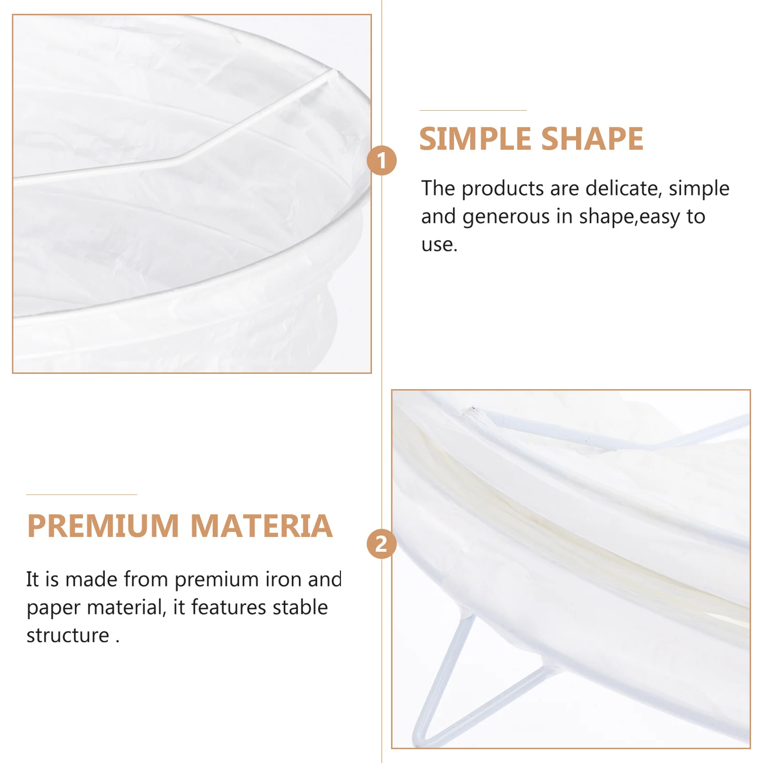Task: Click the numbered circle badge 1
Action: pyautogui.click(x=381, y=160)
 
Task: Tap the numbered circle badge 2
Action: pyautogui.click(x=381, y=544)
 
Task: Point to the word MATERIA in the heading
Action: pyautogui.click(x=261, y=526)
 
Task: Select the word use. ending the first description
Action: pyautogui.click(x=439, y=245)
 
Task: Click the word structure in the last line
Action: pyautogui.click(x=68, y=635)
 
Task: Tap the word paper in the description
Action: pyautogui.click(x=53, y=608)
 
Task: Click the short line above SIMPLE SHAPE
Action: pyautogui.click(x=473, y=110)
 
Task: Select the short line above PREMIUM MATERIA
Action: pyautogui.click(x=82, y=495)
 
